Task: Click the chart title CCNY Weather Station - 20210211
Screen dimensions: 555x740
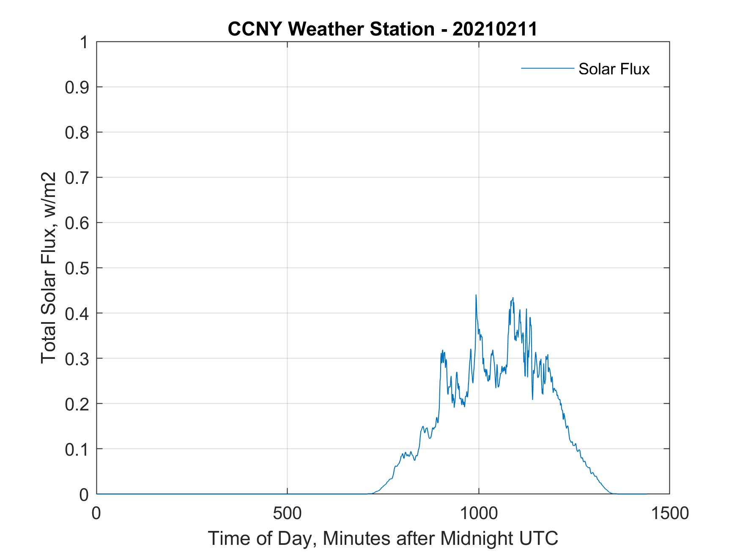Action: (382, 29)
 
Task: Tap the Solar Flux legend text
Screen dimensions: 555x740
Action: (614, 69)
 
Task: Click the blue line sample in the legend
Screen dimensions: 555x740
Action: (547, 68)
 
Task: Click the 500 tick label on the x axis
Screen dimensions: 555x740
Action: (287, 513)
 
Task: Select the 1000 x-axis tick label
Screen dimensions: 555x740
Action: (479, 513)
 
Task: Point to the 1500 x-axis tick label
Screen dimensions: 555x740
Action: (669, 513)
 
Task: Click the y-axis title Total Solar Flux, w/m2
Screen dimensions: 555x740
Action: (49, 268)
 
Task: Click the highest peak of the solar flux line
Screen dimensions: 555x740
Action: (476, 295)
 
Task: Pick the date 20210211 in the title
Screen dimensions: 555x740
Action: (495, 29)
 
